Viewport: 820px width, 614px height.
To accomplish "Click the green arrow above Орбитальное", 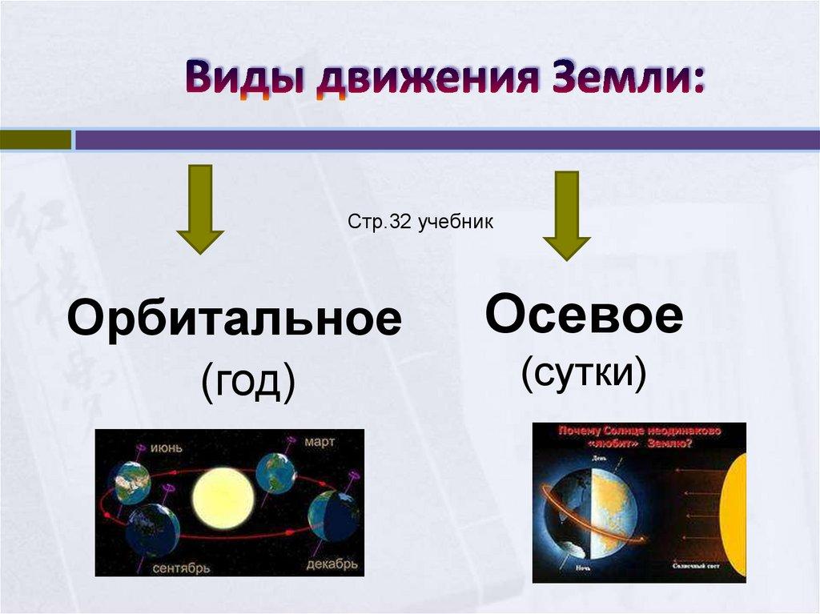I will pyautogui.click(x=200, y=209).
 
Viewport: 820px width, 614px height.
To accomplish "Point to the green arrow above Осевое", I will pyautogui.click(x=566, y=215).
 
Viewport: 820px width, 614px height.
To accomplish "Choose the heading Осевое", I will pyautogui.click(x=585, y=315).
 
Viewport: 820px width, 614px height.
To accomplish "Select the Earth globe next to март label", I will pyautogui.click(x=275, y=472).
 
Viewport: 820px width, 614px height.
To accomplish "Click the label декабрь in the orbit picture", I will pyautogui.click(x=331, y=565).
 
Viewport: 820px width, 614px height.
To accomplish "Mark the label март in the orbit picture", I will pyautogui.click(x=318, y=441).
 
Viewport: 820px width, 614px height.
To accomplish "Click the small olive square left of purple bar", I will pyautogui.click(x=35, y=140).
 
